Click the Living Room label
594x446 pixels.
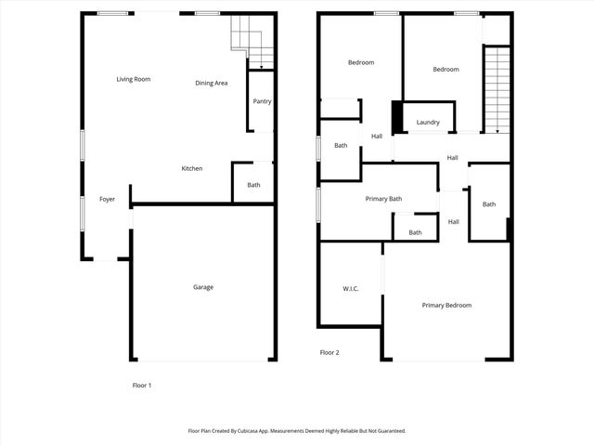point(134,79)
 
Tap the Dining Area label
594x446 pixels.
point(212,84)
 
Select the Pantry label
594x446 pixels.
point(262,101)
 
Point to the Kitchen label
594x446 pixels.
point(192,168)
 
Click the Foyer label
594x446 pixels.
point(108,200)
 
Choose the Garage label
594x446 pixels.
point(203,287)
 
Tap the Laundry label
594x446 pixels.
point(428,123)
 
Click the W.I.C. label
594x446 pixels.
point(351,289)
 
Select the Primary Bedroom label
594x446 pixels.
point(446,306)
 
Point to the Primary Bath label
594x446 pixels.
point(383,199)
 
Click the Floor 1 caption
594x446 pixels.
point(142,385)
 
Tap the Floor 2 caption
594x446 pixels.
point(329,353)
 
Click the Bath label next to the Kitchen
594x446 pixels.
point(253,185)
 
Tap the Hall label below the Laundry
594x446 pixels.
point(452,158)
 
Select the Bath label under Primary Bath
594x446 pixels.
point(415,232)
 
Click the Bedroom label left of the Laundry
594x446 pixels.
point(361,63)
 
